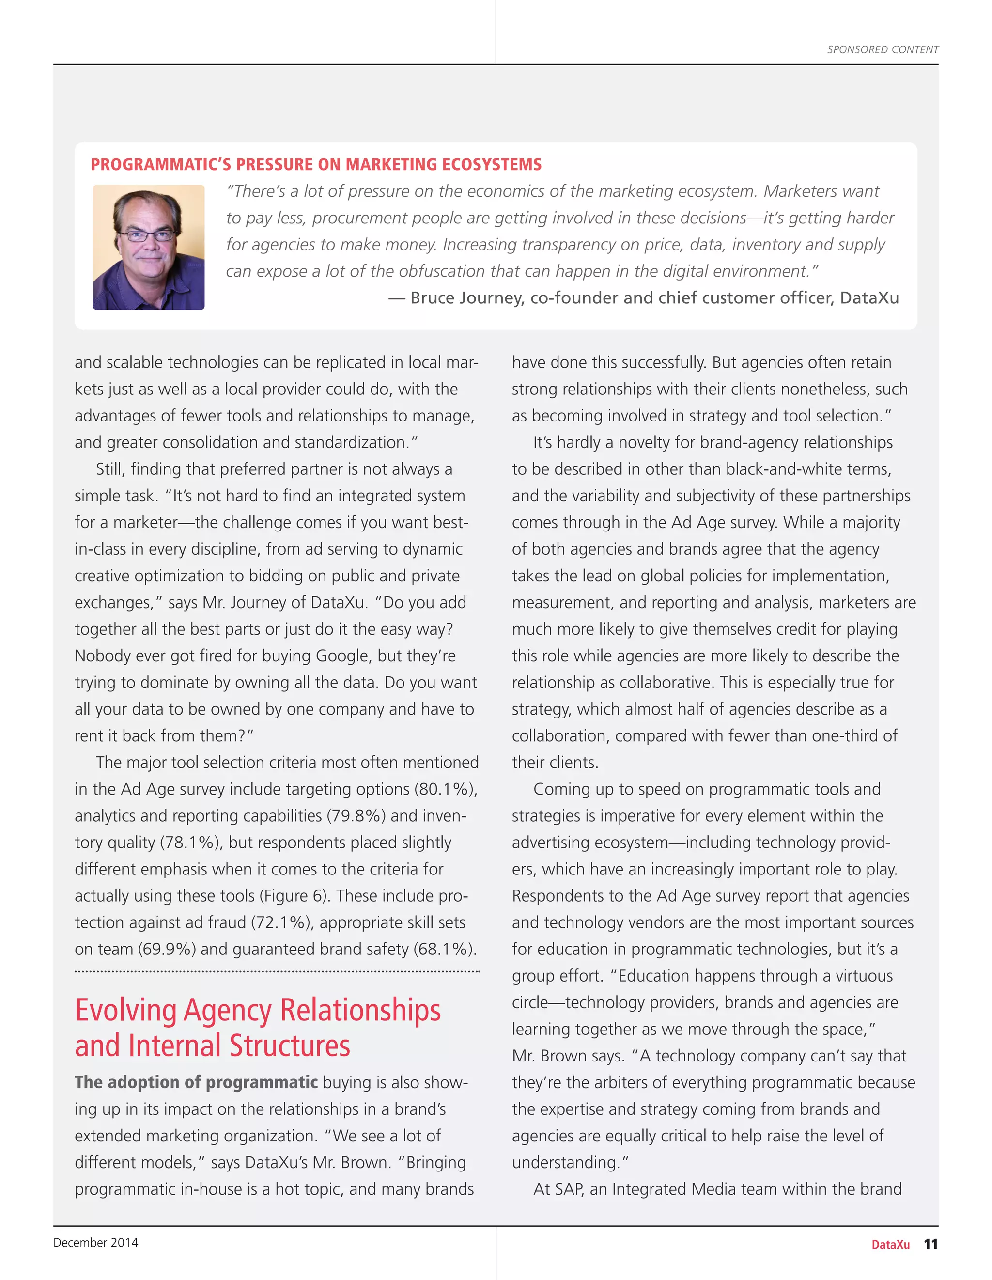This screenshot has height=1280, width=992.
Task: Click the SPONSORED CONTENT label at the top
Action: pos(883,50)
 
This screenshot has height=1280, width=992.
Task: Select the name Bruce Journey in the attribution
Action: pos(466,298)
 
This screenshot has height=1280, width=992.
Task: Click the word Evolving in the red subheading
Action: pos(126,1011)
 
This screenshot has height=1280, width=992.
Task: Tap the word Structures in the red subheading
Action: pos(290,1046)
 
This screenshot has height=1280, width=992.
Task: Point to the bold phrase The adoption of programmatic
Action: pos(196,1082)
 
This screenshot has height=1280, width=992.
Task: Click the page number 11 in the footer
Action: pos(930,1244)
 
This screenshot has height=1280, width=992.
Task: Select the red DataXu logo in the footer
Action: pos(890,1245)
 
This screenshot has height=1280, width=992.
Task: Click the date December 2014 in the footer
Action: pos(95,1243)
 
